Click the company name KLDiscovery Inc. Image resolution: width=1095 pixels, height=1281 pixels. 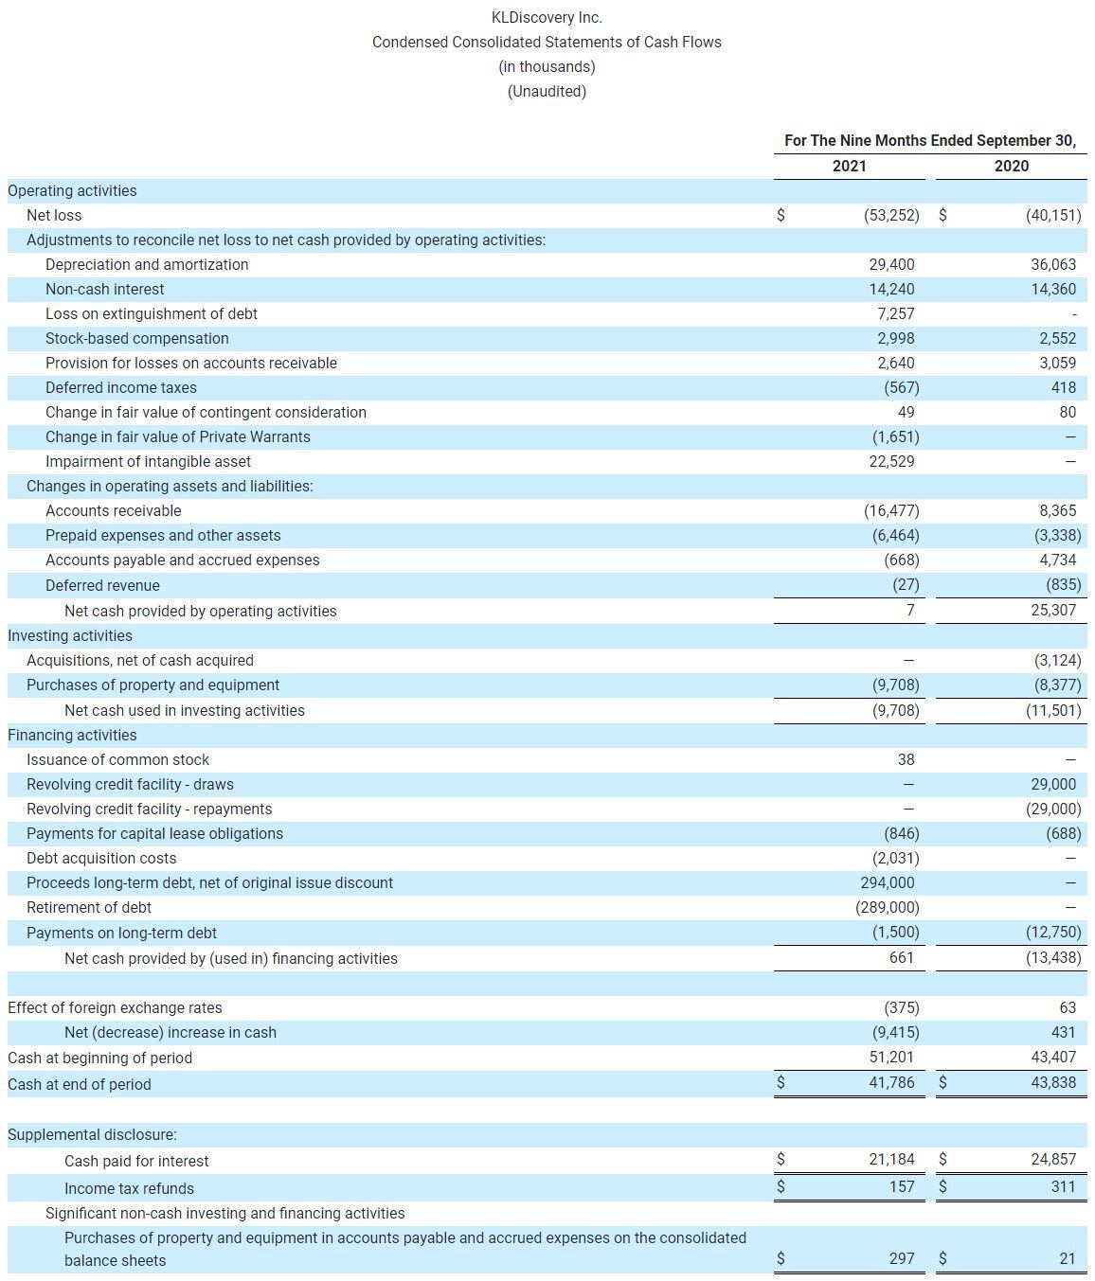pyautogui.click(x=547, y=17)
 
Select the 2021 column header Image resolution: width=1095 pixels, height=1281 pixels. pyautogui.click(x=849, y=166)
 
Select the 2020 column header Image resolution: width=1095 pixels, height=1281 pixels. pyautogui.click(x=1011, y=166)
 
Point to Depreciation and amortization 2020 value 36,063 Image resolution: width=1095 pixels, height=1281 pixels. pyautogui.click(x=1052, y=264)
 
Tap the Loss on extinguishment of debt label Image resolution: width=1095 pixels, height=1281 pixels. pyautogui.click(x=151, y=313)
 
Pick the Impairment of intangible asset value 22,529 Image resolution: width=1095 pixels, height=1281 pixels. pyautogui.click(x=891, y=461)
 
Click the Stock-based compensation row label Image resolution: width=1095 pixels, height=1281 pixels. pyautogui.click(x=136, y=338)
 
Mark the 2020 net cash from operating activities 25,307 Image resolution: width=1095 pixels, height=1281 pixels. pyautogui.click(x=1052, y=610)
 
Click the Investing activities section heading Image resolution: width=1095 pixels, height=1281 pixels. pyautogui.click(x=70, y=635)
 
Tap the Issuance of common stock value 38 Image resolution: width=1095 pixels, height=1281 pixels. pyautogui.click(x=906, y=759)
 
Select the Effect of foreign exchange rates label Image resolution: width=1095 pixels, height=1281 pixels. pyautogui.click(x=115, y=1007)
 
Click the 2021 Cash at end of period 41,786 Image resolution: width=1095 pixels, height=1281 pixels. pyautogui.click(x=891, y=1082)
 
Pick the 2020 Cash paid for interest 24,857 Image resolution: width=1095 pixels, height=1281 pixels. pyautogui.click(x=1052, y=1159)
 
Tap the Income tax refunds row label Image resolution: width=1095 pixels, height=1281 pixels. pyautogui.click(x=129, y=1188)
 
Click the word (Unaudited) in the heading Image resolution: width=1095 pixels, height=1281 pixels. pyautogui.click(x=547, y=91)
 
